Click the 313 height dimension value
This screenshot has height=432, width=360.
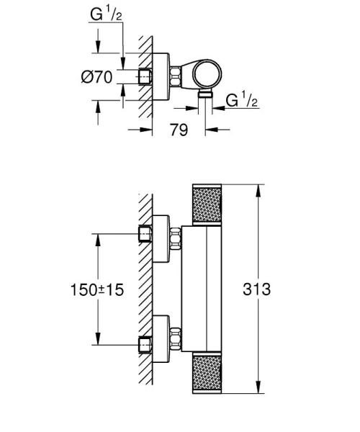(x=256, y=289)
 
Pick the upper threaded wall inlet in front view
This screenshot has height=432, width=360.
(x=146, y=234)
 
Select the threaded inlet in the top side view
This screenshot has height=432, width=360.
(x=146, y=76)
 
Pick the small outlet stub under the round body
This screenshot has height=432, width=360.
(x=205, y=93)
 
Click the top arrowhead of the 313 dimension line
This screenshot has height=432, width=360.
(x=258, y=189)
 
